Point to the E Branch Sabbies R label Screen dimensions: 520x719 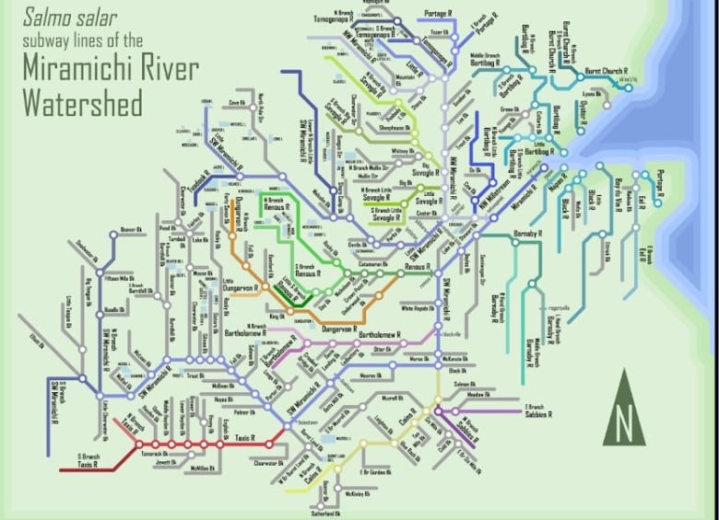pos(537,410)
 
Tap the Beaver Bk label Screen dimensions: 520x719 pos(134,229)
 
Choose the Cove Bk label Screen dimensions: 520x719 pos(236,102)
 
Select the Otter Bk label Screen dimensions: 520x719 pos(383,350)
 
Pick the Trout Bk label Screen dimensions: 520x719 pos(195,376)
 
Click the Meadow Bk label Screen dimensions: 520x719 pos(477,394)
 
